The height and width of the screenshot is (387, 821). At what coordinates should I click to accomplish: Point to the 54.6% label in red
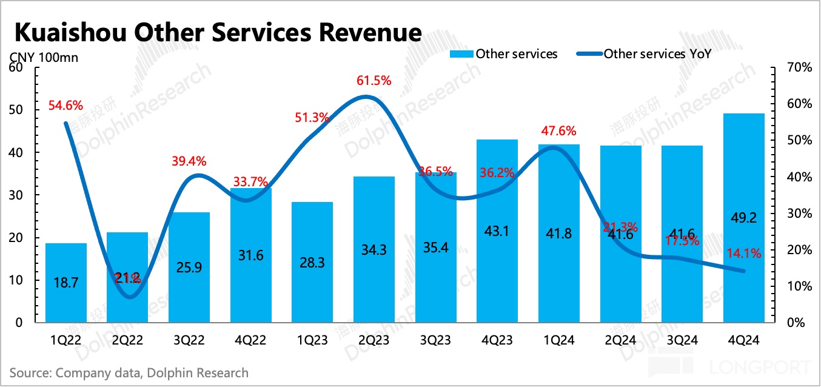[65, 105]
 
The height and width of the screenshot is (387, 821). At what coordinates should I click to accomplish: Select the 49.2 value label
[743, 217]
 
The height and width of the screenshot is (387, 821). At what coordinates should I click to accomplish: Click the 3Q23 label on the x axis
[435, 341]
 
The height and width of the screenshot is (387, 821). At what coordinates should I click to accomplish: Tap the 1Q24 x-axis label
[558, 341]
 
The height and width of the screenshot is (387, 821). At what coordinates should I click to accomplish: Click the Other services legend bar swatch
[461, 55]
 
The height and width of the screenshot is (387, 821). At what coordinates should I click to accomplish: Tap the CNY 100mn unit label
[43, 58]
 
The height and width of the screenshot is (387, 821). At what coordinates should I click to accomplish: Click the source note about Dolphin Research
[129, 372]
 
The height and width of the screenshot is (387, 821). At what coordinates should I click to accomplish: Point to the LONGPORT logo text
[760, 367]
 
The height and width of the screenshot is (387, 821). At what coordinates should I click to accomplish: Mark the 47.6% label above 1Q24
[558, 130]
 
